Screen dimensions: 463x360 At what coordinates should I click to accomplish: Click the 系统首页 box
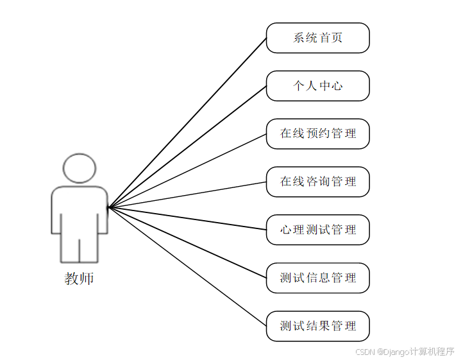317,38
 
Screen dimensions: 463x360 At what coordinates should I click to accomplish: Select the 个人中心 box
317,86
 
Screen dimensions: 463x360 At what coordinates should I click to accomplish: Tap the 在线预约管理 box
317,133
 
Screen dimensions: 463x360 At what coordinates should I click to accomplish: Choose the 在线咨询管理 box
317,182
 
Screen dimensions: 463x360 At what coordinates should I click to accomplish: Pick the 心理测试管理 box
317,230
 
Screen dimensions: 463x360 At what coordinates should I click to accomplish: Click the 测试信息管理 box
317,278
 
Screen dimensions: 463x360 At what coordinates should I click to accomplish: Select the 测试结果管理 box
317,326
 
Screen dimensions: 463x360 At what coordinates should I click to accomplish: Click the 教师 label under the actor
79,279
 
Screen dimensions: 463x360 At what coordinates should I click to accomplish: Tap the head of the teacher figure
80,169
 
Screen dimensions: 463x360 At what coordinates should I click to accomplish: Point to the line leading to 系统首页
187,123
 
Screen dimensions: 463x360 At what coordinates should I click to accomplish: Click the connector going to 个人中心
187,146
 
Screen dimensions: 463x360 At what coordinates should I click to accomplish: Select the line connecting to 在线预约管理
187,171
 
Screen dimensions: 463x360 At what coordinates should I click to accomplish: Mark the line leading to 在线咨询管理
187,194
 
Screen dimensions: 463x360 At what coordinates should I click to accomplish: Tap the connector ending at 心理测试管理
187,218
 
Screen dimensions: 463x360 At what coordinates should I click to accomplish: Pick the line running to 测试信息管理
187,243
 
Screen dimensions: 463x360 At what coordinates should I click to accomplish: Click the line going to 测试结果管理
187,266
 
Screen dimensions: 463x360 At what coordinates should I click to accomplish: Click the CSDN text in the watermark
364,352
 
